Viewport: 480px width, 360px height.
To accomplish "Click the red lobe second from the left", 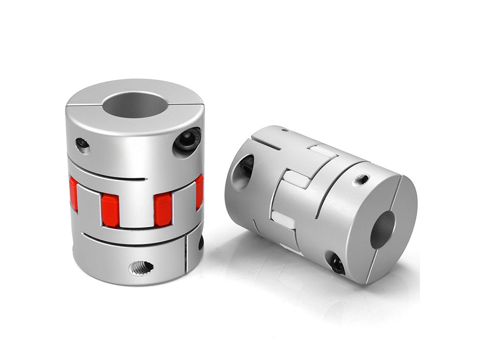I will click(x=110, y=210).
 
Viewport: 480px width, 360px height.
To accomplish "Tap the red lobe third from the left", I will click(x=163, y=210).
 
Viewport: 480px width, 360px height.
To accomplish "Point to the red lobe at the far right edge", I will click(x=199, y=191).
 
